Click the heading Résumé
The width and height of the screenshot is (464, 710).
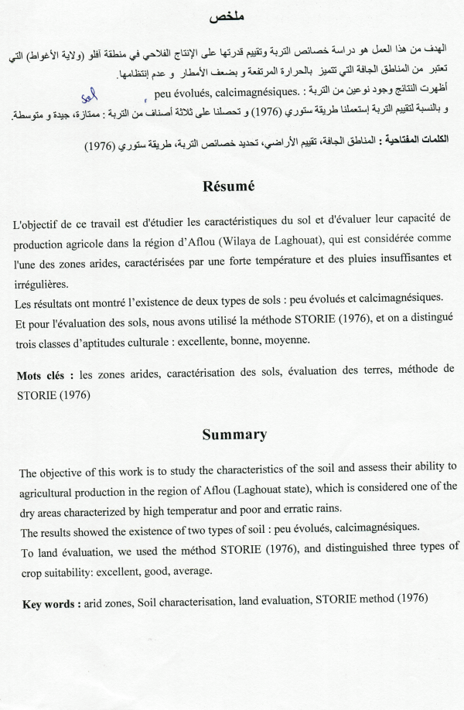pos(234,187)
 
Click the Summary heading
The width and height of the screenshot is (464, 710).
pos(234,435)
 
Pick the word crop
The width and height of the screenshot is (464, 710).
pos(32,571)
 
